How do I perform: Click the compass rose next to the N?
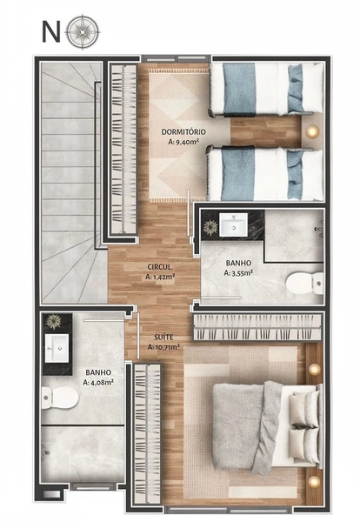point(83,32)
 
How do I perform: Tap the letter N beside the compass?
point(51,32)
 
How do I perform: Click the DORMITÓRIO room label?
point(183,132)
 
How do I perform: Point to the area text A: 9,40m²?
point(183,142)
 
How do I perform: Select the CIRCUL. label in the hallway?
point(160,267)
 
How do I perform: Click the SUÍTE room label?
point(163,338)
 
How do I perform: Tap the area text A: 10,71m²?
point(163,347)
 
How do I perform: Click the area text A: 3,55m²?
point(238,273)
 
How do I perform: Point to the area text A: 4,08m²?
point(98,382)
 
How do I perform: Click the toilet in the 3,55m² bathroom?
point(304,283)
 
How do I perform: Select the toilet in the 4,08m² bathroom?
point(60,398)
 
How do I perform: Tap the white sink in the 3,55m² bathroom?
point(234,224)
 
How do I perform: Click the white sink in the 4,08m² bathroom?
point(57,348)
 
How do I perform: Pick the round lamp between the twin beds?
point(312,130)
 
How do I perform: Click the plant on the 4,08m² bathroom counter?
point(53,322)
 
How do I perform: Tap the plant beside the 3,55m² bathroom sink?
point(210,227)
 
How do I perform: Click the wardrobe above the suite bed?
point(257,327)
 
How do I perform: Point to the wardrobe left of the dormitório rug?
point(123,149)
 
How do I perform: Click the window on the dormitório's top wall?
point(177,59)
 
